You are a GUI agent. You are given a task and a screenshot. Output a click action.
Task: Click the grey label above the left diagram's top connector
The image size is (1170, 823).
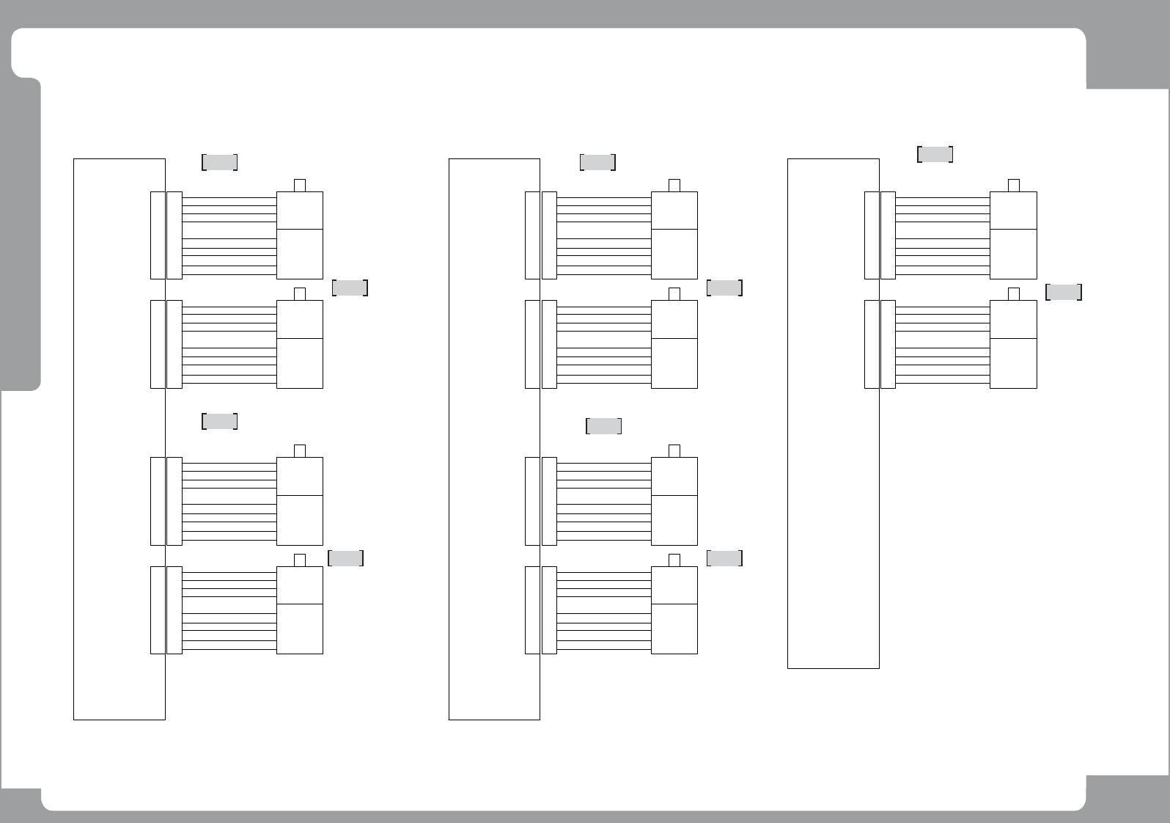(219, 162)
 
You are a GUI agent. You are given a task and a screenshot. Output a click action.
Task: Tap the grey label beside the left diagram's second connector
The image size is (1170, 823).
(350, 288)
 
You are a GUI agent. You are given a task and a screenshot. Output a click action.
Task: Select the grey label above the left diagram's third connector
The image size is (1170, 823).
(219, 421)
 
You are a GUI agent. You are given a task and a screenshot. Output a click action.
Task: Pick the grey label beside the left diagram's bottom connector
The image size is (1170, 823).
(346, 558)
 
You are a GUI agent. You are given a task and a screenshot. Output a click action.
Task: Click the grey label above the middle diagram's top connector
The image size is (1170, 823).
(597, 162)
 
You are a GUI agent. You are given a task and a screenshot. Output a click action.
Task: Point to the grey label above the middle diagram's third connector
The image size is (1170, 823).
(604, 426)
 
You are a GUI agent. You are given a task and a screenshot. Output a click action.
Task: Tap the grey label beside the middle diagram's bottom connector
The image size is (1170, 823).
(724, 558)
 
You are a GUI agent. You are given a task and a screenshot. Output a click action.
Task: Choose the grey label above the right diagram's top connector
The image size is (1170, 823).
(935, 154)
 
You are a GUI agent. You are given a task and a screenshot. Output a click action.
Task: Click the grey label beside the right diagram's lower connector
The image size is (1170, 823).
(1064, 292)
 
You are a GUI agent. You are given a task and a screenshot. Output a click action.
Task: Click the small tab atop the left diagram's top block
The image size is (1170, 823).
(299, 185)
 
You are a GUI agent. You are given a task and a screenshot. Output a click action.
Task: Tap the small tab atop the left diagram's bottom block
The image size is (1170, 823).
(299, 560)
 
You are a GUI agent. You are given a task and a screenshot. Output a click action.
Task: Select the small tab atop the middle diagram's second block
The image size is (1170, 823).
(674, 293)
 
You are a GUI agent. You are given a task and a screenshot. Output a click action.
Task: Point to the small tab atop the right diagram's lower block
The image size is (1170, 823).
(1014, 293)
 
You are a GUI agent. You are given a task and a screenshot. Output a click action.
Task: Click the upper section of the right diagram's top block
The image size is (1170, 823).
(1013, 211)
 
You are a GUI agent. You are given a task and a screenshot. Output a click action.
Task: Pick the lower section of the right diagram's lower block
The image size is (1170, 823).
(1013, 363)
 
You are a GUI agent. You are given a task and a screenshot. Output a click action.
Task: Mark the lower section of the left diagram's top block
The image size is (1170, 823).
(299, 254)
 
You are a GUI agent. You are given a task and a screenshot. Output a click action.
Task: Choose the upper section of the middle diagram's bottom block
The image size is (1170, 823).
(674, 585)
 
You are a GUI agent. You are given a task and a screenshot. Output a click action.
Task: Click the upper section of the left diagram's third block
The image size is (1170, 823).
(299, 476)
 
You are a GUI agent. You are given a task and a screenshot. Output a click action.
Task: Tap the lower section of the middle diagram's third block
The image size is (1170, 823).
(674, 520)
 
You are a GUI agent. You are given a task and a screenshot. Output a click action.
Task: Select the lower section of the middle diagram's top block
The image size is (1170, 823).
(674, 254)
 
